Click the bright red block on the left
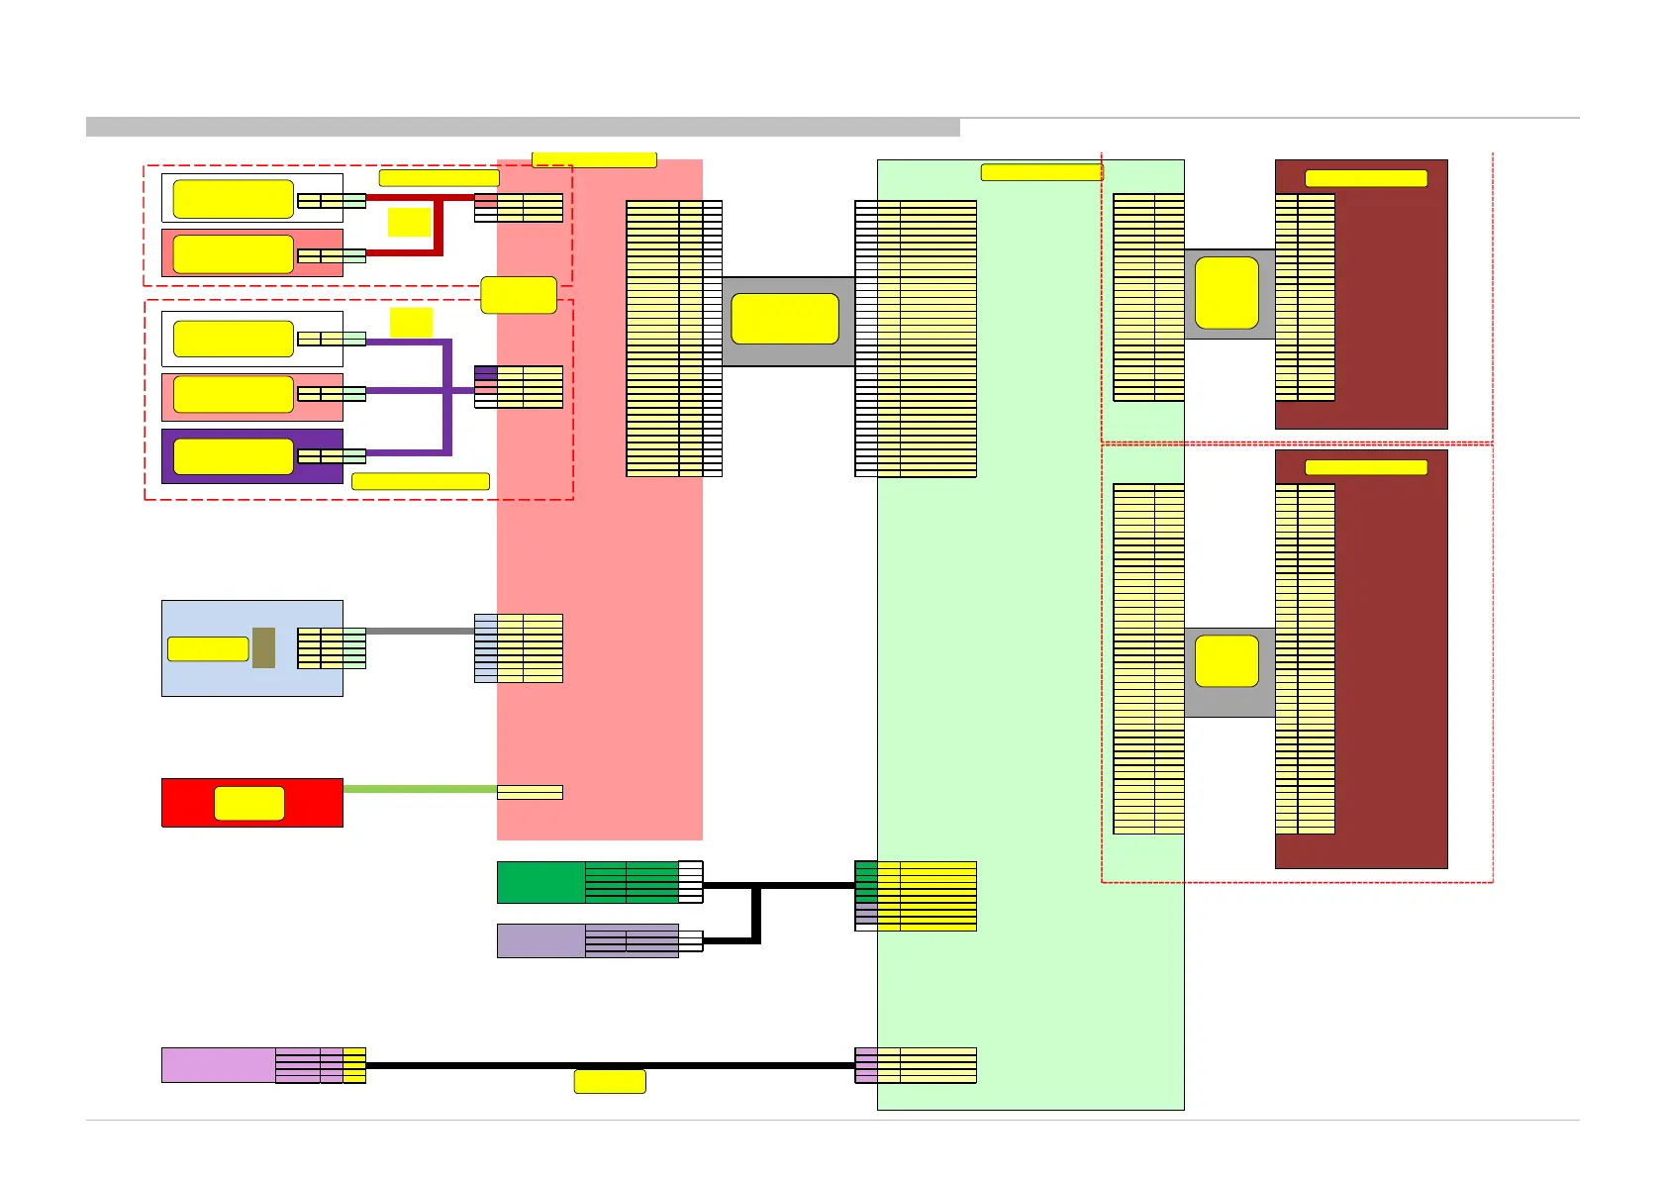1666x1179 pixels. pos(188,802)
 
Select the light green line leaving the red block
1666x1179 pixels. pos(420,789)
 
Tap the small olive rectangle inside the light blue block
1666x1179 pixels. pos(263,647)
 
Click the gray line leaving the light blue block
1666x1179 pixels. pos(420,631)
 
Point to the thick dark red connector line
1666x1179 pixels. pos(439,228)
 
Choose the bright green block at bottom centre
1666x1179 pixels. pos(540,882)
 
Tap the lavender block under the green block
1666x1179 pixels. pos(540,940)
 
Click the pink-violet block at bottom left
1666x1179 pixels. pos(218,1065)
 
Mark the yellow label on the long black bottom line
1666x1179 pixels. pos(610,1081)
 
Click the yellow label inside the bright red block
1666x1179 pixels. pos(249,803)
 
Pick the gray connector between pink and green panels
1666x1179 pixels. pos(788,321)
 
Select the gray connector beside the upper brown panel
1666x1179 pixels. pos(1229,294)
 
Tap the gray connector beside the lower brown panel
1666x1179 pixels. pos(1229,671)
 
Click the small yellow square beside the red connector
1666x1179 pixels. pos(409,222)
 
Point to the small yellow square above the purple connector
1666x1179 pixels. pos(411,322)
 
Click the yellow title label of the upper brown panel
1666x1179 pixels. pos(1366,178)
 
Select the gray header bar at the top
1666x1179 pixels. pos(523,127)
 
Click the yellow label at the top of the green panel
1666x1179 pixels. pos(1041,172)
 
